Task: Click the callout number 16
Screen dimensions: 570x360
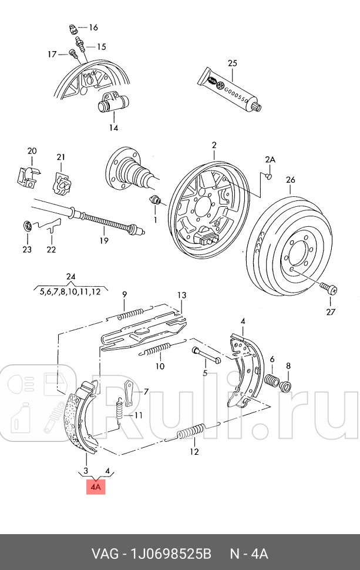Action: pyautogui.click(x=93, y=28)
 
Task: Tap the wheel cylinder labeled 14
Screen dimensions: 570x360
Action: pyautogui.click(x=112, y=105)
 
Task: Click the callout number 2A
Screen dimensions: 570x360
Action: pyautogui.click(x=270, y=159)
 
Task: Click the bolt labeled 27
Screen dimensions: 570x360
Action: pyautogui.click(x=329, y=288)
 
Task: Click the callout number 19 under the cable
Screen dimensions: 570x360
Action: pyautogui.click(x=104, y=240)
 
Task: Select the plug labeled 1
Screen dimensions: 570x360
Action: pyautogui.click(x=156, y=200)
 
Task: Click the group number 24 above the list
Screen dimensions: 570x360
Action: pyautogui.click(x=70, y=277)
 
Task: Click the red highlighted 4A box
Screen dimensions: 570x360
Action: pyautogui.click(x=96, y=487)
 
